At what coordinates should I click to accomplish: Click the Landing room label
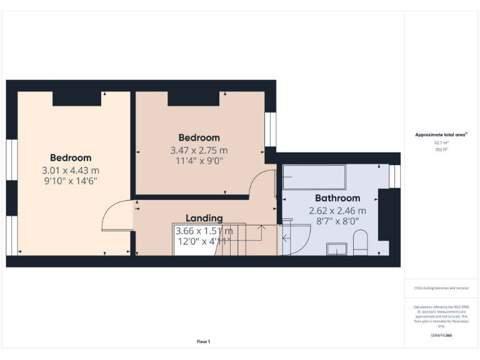tap(204, 218)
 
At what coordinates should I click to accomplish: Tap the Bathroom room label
tap(337, 198)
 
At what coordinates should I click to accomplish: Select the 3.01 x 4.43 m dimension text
tap(71, 170)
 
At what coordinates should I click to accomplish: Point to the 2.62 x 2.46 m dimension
tap(337, 211)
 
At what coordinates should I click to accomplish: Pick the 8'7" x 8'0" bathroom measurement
tap(337, 221)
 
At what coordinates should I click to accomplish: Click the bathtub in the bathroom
tap(313, 177)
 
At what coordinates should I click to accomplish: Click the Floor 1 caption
tap(203, 341)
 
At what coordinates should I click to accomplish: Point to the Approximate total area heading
tap(441, 134)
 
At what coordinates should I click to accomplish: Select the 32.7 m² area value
tap(441, 142)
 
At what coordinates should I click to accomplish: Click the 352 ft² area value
tap(441, 149)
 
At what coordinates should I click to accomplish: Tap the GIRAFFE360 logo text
tap(441, 336)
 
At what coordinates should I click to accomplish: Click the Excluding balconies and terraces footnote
tap(441, 288)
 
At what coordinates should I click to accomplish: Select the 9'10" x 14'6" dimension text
tap(71, 181)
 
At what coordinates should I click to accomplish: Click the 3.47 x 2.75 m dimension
tap(199, 150)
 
